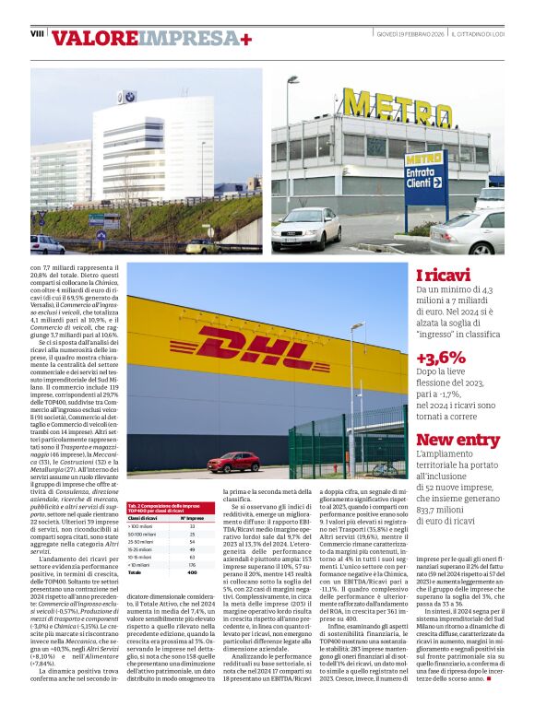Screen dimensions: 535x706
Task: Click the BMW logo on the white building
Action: (x=127, y=97)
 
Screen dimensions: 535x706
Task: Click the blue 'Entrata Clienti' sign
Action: (x=399, y=177)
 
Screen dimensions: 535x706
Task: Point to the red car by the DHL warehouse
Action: (x=235, y=462)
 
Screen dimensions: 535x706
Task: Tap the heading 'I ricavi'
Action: (x=444, y=276)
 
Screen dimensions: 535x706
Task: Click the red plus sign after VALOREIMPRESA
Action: (x=245, y=39)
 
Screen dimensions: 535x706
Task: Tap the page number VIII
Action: (x=37, y=33)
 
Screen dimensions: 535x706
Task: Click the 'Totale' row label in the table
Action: (x=135, y=572)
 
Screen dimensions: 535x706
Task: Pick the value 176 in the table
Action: (x=192, y=565)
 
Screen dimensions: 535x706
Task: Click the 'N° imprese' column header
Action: (x=191, y=519)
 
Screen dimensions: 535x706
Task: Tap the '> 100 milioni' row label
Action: (x=141, y=526)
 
